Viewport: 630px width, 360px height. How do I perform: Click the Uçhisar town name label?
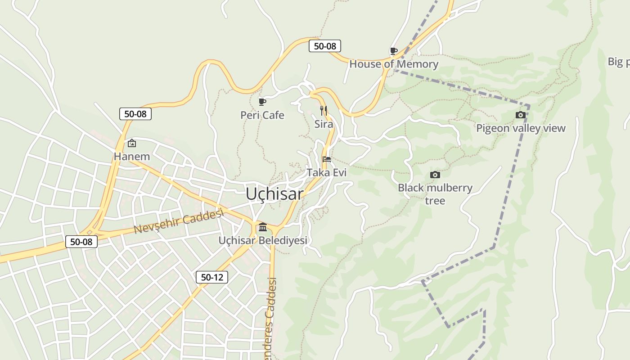click(x=274, y=194)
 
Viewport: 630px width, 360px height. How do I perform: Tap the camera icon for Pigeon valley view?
click(x=521, y=115)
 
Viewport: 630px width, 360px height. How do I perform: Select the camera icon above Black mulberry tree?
click(x=435, y=175)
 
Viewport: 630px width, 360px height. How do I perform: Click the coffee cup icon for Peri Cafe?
click(x=262, y=102)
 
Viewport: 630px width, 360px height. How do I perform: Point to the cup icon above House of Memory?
click(x=393, y=51)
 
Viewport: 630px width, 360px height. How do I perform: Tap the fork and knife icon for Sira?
click(x=323, y=110)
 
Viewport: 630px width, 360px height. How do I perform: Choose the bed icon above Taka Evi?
click(x=327, y=159)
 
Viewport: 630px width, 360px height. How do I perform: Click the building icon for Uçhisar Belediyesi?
click(x=263, y=227)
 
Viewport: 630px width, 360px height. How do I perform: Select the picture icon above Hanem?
click(x=132, y=143)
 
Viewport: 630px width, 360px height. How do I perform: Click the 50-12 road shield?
click(x=212, y=277)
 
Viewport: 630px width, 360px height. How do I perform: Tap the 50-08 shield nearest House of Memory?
click(x=325, y=46)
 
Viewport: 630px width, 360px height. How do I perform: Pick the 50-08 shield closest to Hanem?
click(x=135, y=114)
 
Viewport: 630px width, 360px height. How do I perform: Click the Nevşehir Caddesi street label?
click(x=179, y=221)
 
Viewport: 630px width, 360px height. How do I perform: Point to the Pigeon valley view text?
click(x=521, y=128)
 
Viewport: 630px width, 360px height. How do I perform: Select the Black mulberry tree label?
click(x=435, y=194)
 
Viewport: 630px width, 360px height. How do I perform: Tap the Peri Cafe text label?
click(x=262, y=115)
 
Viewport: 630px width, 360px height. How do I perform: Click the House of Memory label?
click(x=394, y=64)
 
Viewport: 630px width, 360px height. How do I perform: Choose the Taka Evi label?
click(x=327, y=172)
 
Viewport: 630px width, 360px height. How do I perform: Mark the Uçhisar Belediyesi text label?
click(x=263, y=240)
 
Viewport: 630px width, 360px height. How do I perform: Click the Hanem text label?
click(x=132, y=157)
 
